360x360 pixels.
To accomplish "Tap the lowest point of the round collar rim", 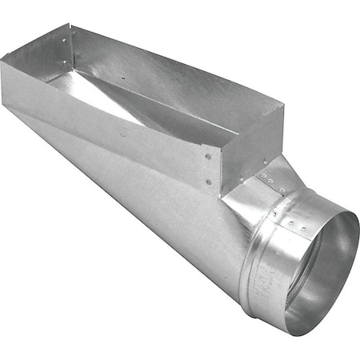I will [300, 333].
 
